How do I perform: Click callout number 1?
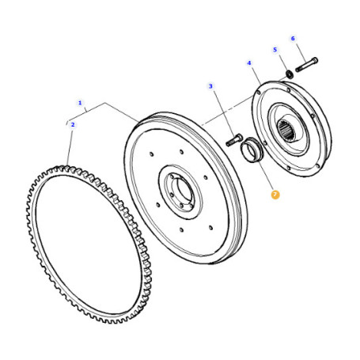(80, 103)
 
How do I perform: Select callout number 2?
(73, 124)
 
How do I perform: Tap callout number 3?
(210, 86)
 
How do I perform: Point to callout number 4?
(249, 63)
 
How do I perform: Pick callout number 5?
(275, 50)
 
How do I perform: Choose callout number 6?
(293, 39)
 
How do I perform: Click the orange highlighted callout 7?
(275, 195)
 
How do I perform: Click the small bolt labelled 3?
(234, 140)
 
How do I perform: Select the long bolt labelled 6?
(307, 65)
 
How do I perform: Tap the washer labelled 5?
(290, 74)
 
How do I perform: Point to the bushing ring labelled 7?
(251, 150)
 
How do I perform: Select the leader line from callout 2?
(70, 147)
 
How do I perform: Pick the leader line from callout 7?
(264, 176)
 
